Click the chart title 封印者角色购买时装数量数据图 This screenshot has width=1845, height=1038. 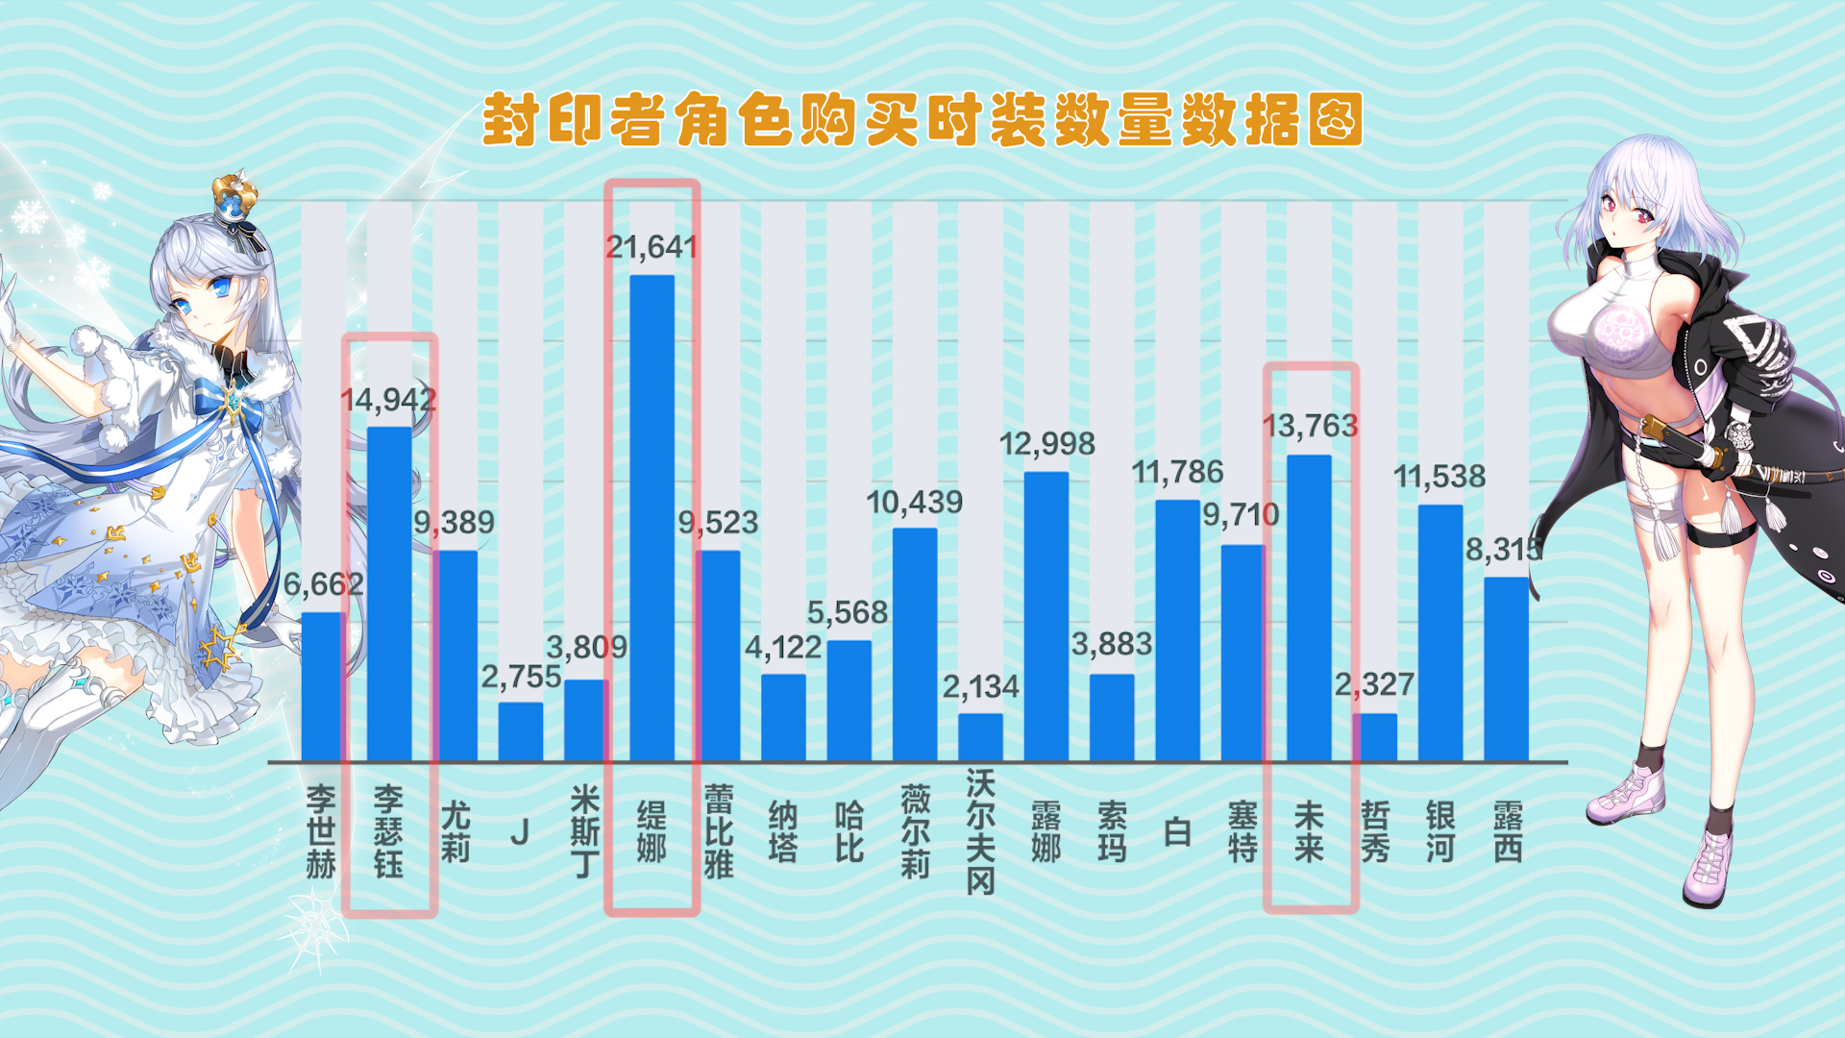922,120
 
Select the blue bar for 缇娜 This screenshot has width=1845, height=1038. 652,519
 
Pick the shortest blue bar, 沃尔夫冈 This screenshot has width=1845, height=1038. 980,737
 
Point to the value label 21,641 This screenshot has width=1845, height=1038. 652,247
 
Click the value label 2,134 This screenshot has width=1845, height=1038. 980,686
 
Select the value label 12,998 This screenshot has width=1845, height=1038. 1046,443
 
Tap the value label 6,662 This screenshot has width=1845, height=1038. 323,583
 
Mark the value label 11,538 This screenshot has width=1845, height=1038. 1439,476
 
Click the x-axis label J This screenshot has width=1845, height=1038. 520,831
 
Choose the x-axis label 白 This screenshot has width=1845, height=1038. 1177,831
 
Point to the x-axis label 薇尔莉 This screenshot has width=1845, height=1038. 915,831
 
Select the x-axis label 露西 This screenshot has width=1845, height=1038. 1507,831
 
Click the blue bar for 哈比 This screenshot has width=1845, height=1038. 849,701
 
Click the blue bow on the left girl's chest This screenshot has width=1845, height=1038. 231,400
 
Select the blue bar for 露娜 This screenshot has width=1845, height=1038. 1046,616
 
